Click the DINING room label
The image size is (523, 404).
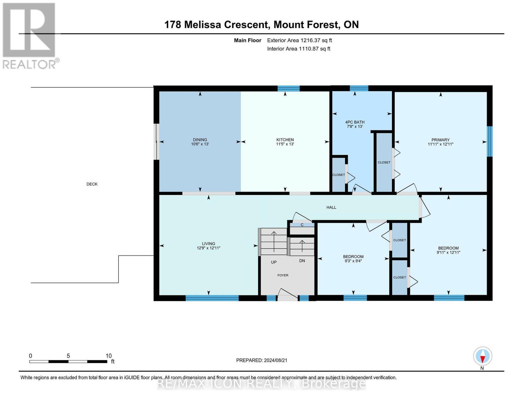click(200, 140)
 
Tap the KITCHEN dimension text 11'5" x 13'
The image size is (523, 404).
click(285, 144)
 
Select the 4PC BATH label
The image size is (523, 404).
click(355, 122)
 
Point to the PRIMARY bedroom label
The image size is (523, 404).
click(440, 140)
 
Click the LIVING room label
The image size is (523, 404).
click(208, 243)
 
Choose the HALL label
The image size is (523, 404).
click(331, 207)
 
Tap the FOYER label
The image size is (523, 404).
click(283, 275)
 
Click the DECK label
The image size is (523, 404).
click(92, 184)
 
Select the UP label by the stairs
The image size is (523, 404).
click(274, 262)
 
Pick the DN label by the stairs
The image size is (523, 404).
click(302, 261)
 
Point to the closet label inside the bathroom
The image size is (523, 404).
click(339, 175)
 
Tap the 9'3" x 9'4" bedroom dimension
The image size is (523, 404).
click(353, 261)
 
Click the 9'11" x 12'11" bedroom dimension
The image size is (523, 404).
click(448, 252)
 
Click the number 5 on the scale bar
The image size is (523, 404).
click(68, 356)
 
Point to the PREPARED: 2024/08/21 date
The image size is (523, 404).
click(262, 360)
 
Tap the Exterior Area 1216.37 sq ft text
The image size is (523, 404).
click(299, 40)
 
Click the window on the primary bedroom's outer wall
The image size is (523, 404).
click(490, 141)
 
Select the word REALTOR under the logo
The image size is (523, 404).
click(29, 65)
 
